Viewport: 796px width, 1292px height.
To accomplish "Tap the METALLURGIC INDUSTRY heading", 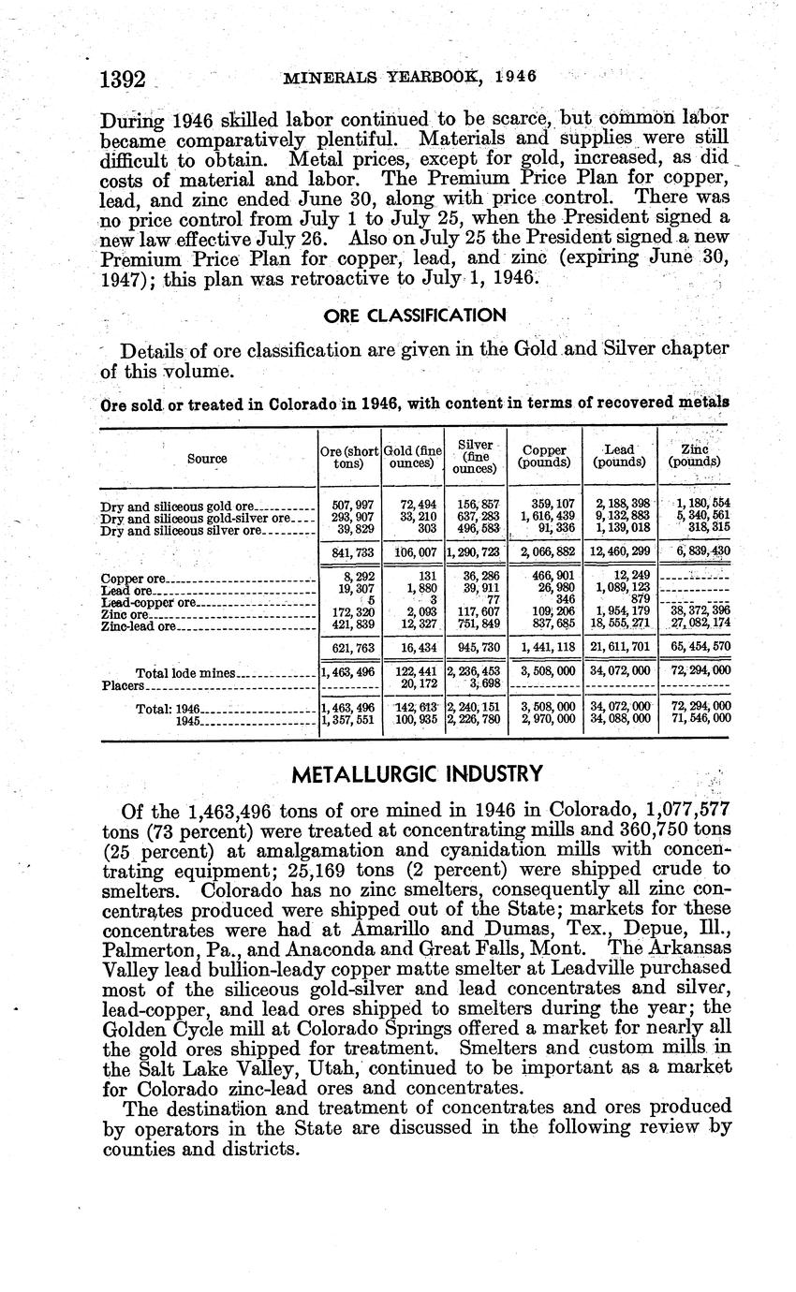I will [x=417, y=774].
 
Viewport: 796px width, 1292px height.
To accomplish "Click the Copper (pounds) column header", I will [x=545, y=456].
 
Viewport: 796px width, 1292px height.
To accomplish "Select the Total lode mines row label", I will [x=187, y=673].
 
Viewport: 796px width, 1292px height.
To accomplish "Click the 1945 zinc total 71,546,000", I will [x=695, y=719].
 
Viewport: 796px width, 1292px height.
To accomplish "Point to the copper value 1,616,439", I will [x=546, y=516].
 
